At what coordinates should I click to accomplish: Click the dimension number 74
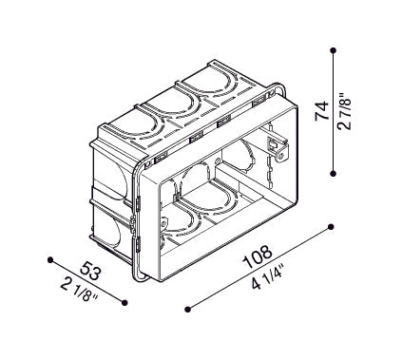click(x=321, y=111)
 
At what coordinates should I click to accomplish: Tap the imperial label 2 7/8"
click(x=344, y=111)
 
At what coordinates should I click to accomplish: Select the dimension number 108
click(x=257, y=256)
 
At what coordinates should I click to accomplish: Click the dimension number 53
click(x=91, y=271)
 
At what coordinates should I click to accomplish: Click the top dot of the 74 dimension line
click(x=333, y=50)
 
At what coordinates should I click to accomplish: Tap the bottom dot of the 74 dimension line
click(x=333, y=173)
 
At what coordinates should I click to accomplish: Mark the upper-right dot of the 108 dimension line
click(x=331, y=227)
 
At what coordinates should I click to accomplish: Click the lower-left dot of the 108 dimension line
click(x=188, y=309)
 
